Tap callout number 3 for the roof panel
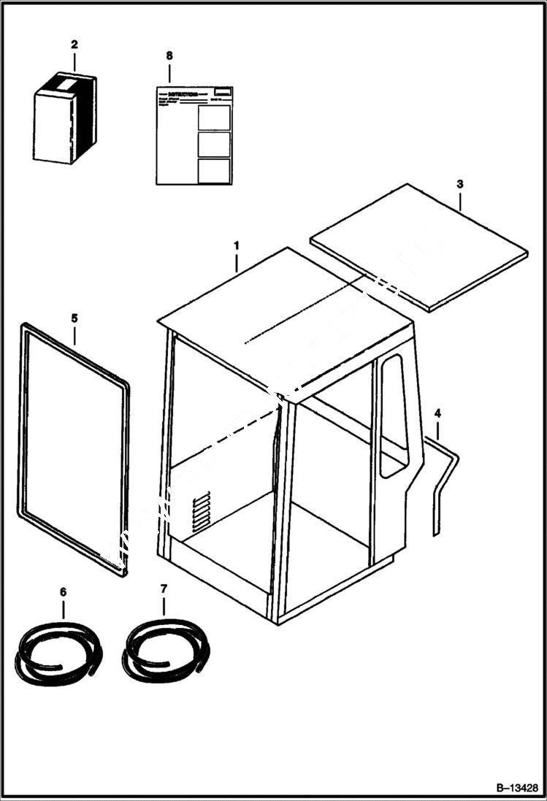click(459, 183)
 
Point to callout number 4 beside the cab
click(437, 414)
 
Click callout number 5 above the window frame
click(74, 318)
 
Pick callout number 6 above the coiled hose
click(63, 590)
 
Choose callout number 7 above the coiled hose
click(163, 589)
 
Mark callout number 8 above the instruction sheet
click(169, 55)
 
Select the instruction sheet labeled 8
click(194, 136)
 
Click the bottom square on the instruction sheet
click(214, 171)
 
